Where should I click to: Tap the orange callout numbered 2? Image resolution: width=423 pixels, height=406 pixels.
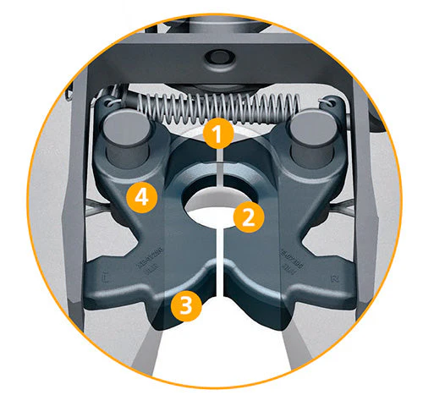[247, 217]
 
